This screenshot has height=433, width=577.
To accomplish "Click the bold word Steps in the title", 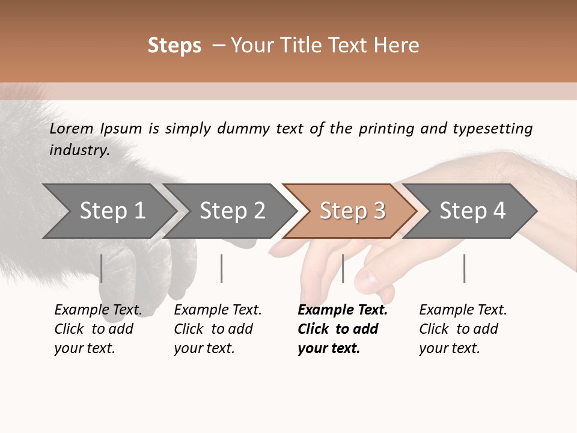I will [x=174, y=46].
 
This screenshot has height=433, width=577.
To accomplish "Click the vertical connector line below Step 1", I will [x=102, y=268].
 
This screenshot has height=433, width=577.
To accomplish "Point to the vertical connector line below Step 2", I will [x=222, y=268].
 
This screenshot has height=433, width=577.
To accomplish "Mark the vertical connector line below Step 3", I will [x=343, y=268].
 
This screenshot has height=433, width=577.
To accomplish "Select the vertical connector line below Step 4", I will [x=464, y=268].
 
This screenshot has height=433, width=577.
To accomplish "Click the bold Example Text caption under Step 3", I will [x=342, y=329].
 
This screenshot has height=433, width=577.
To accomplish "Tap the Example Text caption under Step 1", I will [x=97, y=329].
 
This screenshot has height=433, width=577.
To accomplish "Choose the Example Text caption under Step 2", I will [x=217, y=329].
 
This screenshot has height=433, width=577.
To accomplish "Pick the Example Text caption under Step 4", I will [x=462, y=329].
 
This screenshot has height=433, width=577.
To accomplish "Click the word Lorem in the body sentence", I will [x=72, y=129].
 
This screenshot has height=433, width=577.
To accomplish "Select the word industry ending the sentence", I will [x=79, y=150].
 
